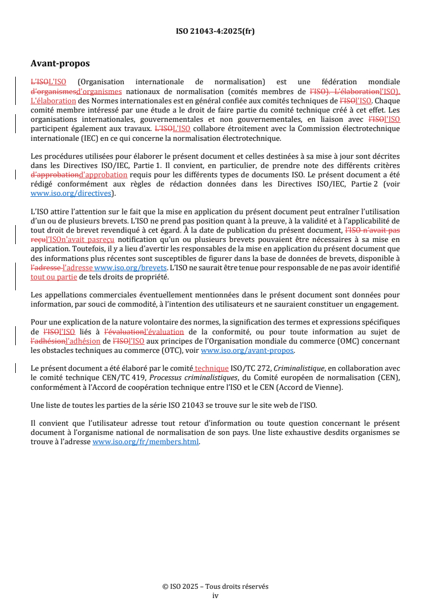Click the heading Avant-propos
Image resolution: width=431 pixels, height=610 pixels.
[x=60, y=64]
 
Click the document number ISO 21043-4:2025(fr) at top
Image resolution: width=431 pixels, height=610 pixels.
[x=215, y=31]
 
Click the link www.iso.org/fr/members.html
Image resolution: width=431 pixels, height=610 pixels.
[x=146, y=442]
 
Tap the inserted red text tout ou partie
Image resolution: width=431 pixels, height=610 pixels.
[x=54, y=277]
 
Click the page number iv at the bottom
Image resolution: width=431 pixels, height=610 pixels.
[x=215, y=595]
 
